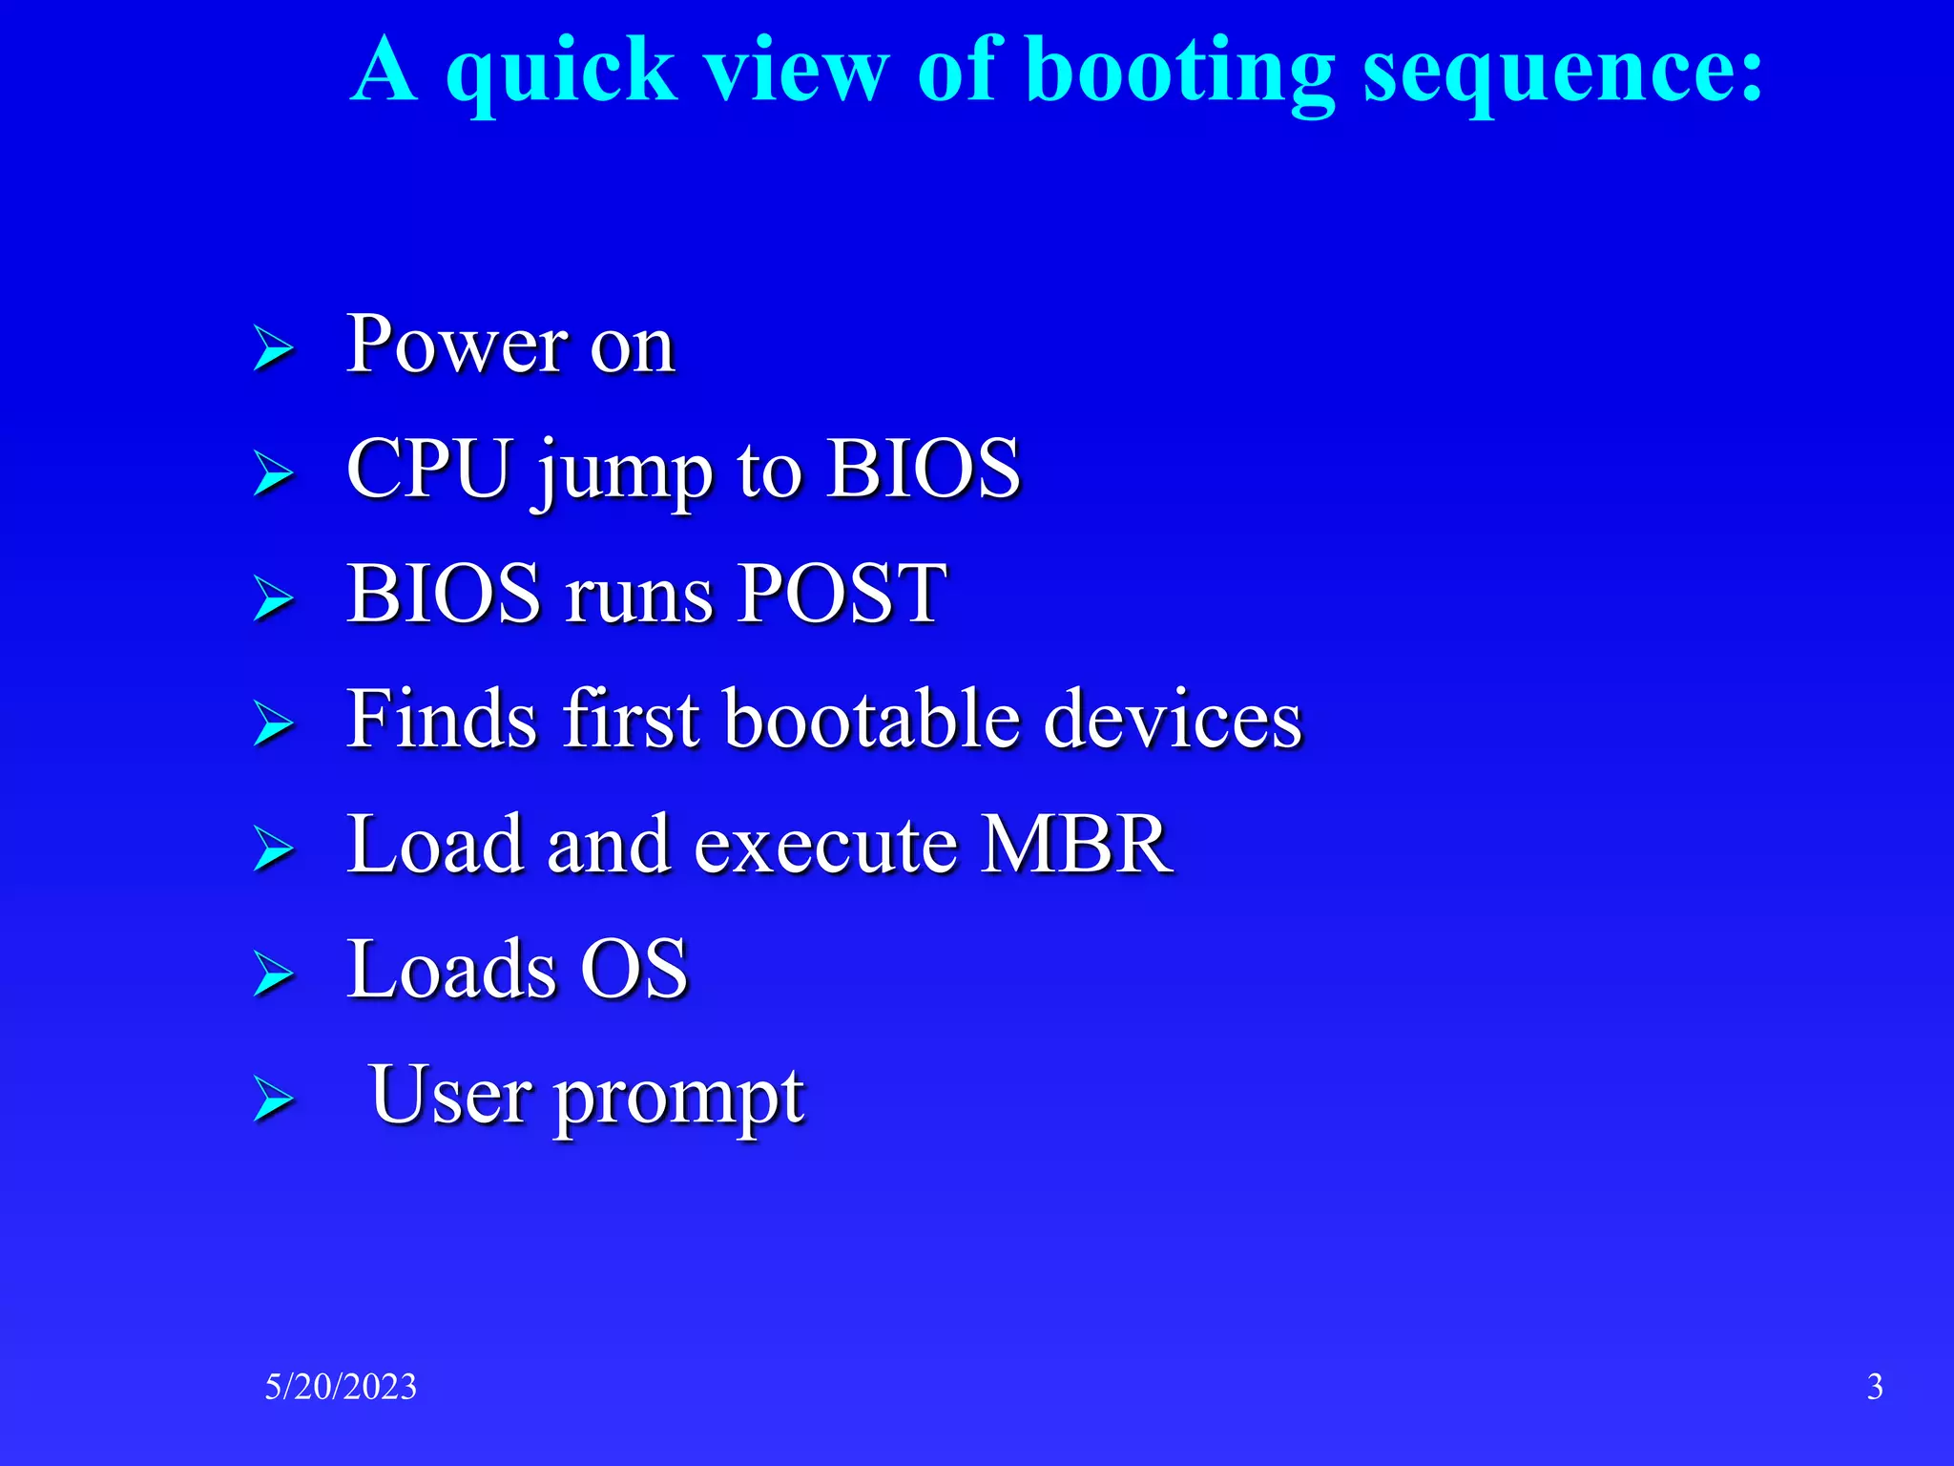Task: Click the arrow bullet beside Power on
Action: (273, 349)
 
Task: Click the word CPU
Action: (428, 469)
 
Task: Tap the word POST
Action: (842, 594)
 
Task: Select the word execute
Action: (825, 846)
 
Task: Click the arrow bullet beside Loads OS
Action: (273, 975)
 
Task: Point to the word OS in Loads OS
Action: (634, 970)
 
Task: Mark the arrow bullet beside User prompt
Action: (273, 1100)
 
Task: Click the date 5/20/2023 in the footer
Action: (341, 1387)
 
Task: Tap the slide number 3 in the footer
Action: (1874, 1387)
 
